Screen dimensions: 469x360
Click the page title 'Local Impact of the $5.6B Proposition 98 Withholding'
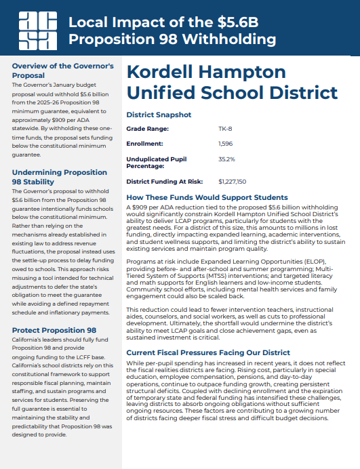(x=173, y=30)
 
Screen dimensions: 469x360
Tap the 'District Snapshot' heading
(x=159, y=115)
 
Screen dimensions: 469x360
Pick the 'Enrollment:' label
(x=145, y=144)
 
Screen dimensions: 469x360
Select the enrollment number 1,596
(x=226, y=144)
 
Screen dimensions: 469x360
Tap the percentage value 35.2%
(x=226, y=159)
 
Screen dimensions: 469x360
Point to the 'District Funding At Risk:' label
(x=165, y=182)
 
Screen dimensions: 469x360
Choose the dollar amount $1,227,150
(x=233, y=182)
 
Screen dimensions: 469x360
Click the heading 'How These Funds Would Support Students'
(x=207, y=197)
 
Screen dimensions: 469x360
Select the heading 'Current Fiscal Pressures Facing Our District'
(x=208, y=353)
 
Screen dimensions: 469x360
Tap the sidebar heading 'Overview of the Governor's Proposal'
(x=62, y=70)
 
